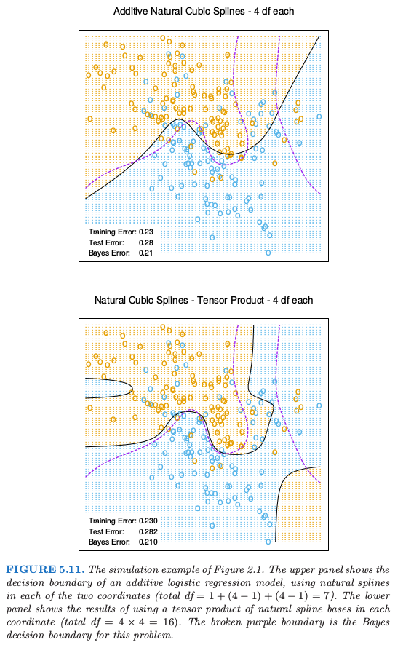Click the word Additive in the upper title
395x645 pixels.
pyautogui.click(x=130, y=11)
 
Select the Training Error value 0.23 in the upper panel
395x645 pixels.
pyautogui.click(x=146, y=232)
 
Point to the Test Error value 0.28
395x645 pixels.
pyautogui.click(x=146, y=242)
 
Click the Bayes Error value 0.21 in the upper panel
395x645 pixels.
pyautogui.click(x=146, y=253)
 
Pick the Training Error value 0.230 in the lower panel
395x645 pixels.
pyautogui.click(x=148, y=521)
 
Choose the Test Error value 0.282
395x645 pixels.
pyautogui.click(x=148, y=531)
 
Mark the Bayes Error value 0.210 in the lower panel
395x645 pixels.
pyautogui.click(x=148, y=542)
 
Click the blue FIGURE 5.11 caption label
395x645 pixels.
pyautogui.click(x=45, y=570)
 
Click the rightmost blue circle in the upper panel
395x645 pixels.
pyautogui.click(x=319, y=116)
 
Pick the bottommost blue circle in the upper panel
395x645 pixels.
pyautogui.click(x=268, y=253)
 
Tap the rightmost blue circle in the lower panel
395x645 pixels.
pyautogui.click(x=319, y=405)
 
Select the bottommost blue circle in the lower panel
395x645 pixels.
pyautogui.click(x=268, y=542)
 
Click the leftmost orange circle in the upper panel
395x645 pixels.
pyautogui.click(x=88, y=75)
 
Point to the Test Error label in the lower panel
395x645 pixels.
pyautogui.click(x=106, y=531)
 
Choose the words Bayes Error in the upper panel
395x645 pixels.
pyautogui.click(x=109, y=253)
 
